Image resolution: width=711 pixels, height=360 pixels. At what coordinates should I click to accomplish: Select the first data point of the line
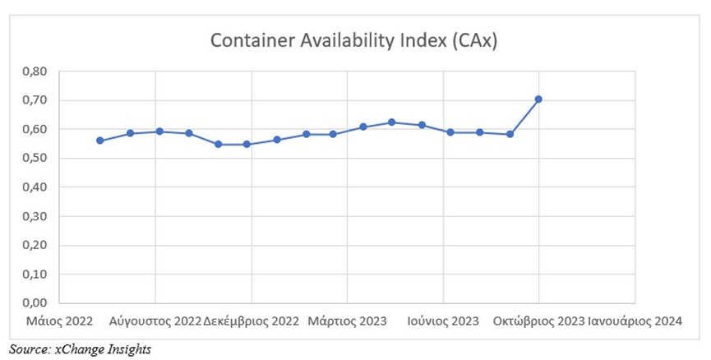click(x=100, y=141)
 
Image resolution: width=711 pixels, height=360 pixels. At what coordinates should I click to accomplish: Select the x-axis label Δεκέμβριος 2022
click(x=251, y=321)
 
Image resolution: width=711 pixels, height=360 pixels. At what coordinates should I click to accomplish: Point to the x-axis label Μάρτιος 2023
click(x=346, y=321)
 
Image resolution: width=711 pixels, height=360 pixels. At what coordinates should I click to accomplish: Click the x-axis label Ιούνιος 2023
click(x=443, y=321)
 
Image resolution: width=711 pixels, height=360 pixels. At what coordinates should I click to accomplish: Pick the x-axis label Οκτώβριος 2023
click(x=538, y=321)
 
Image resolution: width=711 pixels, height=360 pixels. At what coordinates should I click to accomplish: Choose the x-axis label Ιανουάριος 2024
click(x=635, y=321)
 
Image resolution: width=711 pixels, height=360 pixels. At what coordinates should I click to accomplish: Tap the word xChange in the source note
click(x=78, y=348)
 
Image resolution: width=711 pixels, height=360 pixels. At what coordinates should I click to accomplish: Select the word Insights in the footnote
click(x=128, y=348)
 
